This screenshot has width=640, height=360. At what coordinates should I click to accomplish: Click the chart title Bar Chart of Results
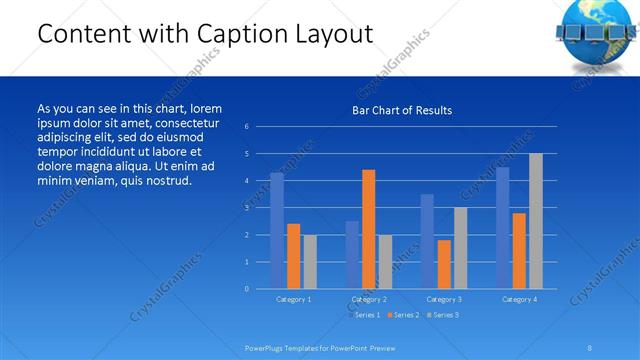click(402, 110)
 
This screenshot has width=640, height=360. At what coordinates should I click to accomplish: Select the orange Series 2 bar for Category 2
click(368, 229)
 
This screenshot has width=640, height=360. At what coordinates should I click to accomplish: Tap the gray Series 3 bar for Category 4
click(535, 221)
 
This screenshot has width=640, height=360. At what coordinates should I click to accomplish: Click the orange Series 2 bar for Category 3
click(444, 264)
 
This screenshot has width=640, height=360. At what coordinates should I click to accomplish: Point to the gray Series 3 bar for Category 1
click(310, 262)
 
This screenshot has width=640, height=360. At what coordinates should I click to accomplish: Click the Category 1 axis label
click(293, 299)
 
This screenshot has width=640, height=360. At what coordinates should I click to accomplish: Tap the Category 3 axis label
click(444, 299)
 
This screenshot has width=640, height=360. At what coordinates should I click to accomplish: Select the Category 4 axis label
click(519, 299)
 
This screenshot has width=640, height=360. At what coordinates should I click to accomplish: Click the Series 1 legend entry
click(365, 315)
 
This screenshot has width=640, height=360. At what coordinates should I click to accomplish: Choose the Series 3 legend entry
click(443, 315)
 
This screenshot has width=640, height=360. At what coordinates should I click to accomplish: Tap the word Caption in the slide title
click(216, 34)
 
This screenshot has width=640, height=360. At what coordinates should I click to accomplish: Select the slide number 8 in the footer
click(590, 347)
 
